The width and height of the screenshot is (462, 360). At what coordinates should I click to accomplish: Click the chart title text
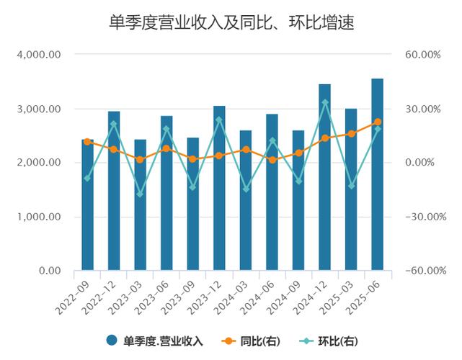[231, 23]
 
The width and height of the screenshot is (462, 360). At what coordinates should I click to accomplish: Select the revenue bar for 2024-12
[324, 180]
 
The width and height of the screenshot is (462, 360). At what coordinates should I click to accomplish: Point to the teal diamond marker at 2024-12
[324, 102]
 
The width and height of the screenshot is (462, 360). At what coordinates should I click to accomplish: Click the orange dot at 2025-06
[377, 122]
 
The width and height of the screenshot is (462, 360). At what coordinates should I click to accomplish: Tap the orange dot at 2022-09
[87, 142]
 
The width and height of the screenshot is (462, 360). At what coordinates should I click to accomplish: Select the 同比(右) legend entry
[250, 341]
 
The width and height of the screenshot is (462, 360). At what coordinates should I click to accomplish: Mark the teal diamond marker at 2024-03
[245, 189]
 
